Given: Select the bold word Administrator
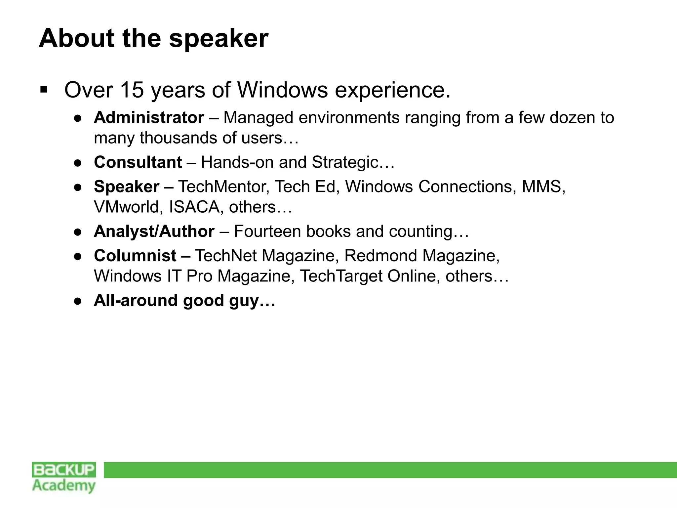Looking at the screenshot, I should point(149,118).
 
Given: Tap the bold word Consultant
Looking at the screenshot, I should point(138,162).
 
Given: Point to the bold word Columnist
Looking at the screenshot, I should point(135,256).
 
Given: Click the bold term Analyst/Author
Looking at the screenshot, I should point(154,232).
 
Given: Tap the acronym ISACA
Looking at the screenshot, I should point(194,207).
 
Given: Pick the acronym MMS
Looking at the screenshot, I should point(542,187).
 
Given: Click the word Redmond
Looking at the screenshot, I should point(380,256).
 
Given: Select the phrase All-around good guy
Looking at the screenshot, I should point(184,301).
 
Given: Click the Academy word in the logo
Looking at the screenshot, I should point(64,486).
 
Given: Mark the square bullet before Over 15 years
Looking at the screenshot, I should point(43,89).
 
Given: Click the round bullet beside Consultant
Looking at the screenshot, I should point(78,163).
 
